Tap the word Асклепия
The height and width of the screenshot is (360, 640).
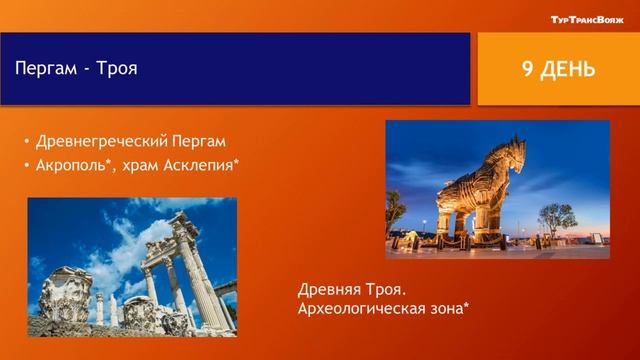point(203,164)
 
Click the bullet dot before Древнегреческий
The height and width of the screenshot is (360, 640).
point(26,141)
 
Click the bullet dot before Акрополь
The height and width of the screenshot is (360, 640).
point(26,165)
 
